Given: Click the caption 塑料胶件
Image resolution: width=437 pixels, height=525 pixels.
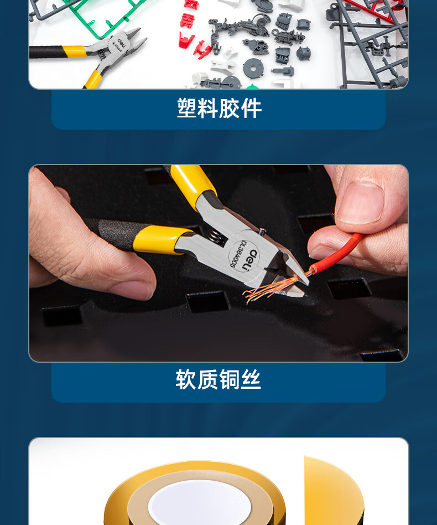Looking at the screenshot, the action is pos(219,108).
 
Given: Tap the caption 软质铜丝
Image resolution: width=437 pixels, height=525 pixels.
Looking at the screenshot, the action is pos(218,379).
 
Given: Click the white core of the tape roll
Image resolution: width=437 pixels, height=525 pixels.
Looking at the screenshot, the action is pos(200,502).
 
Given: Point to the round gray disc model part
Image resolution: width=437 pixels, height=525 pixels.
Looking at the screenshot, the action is pos(253,68).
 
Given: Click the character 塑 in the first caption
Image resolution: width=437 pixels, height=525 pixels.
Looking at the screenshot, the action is pos(186,108).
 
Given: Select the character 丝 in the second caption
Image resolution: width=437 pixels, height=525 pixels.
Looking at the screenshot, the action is pos(251,379).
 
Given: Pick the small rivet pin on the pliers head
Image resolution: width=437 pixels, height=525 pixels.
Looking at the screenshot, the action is pos(262,231).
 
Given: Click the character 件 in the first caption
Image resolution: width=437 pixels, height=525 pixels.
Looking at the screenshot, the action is pos(252,108).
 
